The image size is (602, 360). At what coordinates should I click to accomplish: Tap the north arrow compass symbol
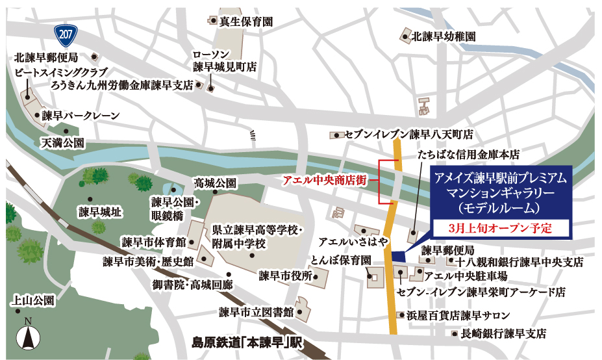(x=27, y=337)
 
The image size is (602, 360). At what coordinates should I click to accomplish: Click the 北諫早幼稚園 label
(x=445, y=36)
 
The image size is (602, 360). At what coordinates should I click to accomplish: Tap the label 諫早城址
(x=101, y=211)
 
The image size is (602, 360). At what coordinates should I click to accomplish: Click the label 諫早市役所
(x=285, y=276)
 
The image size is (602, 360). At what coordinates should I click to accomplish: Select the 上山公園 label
(x=34, y=301)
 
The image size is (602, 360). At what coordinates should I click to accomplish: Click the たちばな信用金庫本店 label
(x=470, y=156)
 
